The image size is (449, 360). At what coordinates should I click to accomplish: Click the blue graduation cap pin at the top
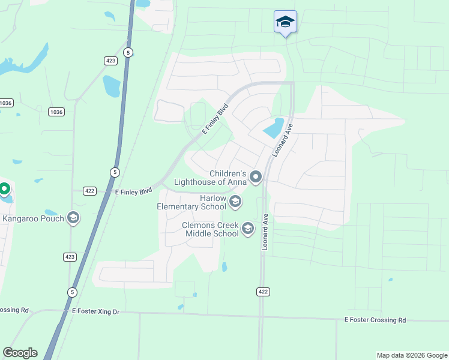click(285, 23)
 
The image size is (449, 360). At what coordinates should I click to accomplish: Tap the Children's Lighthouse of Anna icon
click(256, 176)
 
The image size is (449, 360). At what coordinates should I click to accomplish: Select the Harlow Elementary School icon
click(235, 202)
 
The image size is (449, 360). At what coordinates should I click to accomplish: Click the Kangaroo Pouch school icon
click(74, 217)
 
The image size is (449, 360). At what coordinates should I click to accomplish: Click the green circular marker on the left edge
click(4, 190)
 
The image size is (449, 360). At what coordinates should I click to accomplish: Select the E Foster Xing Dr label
click(96, 311)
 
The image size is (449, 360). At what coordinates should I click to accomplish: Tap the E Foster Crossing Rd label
click(375, 320)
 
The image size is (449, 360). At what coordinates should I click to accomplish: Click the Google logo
click(20, 352)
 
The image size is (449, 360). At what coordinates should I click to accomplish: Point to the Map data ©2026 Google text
click(411, 355)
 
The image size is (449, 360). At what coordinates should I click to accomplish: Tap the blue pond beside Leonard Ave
click(273, 128)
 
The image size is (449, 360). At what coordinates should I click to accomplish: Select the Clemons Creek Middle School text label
click(211, 229)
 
